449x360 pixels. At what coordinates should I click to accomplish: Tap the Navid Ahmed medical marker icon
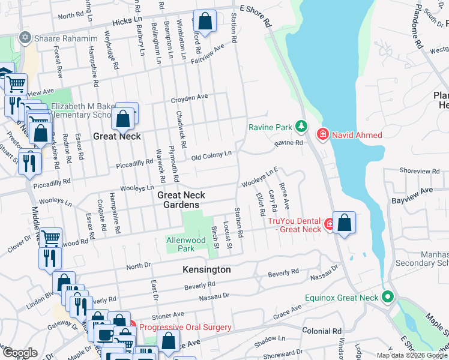(323, 134)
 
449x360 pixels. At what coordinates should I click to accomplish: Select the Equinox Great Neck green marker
(388, 296)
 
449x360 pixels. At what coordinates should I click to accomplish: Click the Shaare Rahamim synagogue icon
(25, 38)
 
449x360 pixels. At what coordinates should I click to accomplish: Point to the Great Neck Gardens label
(181, 200)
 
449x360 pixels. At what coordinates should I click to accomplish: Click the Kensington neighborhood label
(206, 270)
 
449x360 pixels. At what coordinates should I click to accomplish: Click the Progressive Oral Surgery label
(185, 327)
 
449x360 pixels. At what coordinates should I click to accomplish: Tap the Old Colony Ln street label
(211, 156)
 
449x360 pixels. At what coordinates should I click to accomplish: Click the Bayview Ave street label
(412, 191)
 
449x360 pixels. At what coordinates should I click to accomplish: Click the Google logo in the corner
(20, 353)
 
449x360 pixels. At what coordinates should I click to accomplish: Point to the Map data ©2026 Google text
(412, 355)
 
